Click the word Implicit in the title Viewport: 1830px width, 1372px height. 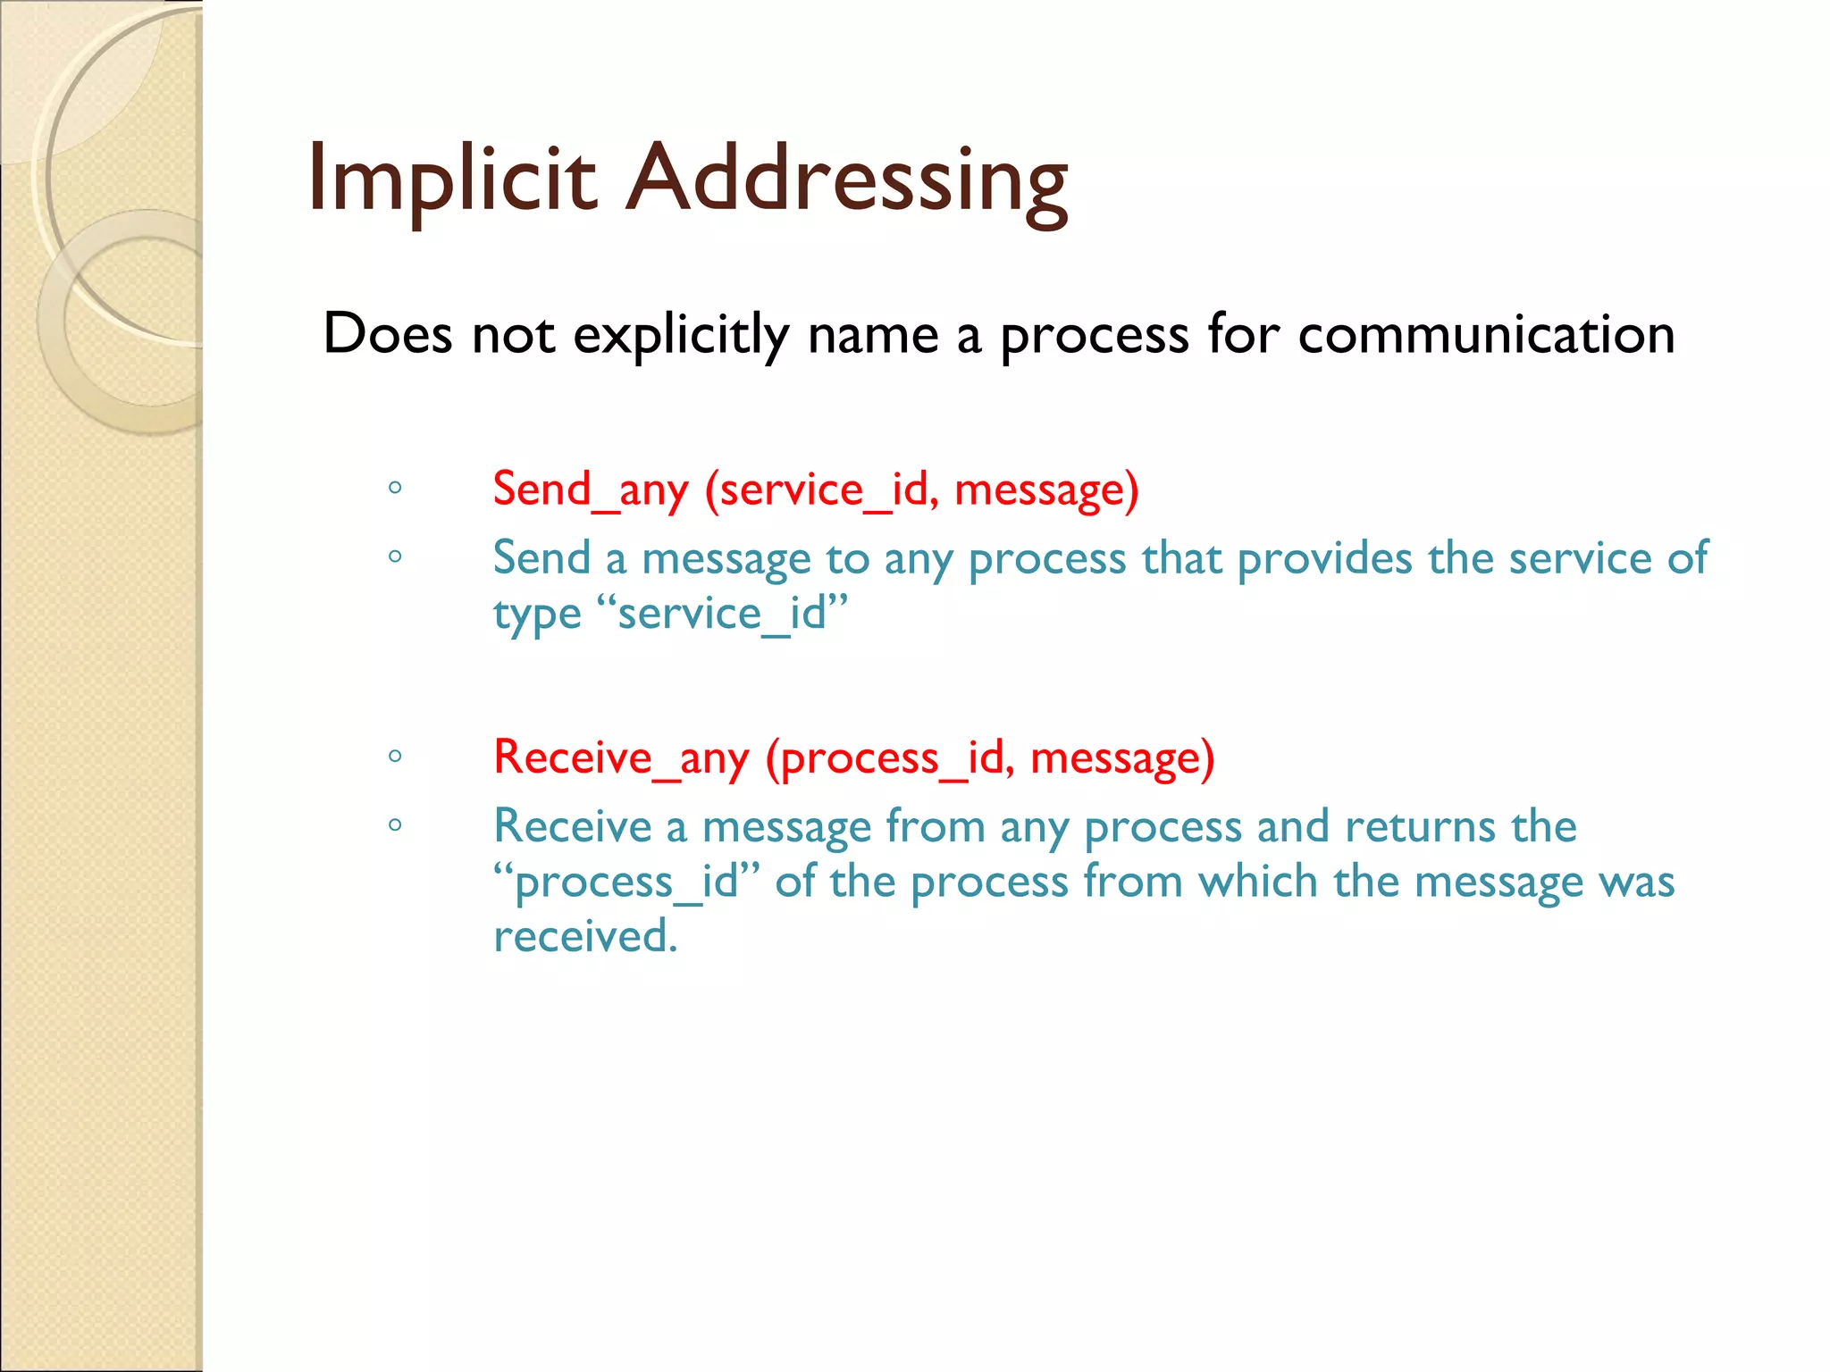pyautogui.click(x=451, y=179)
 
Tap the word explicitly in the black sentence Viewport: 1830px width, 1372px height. pyautogui.click(x=680, y=335)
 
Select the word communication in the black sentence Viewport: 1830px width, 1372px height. pyautogui.click(x=1486, y=335)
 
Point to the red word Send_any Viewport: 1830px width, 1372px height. pyautogui.click(x=591, y=489)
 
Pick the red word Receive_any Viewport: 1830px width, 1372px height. pyautogui.click(x=621, y=757)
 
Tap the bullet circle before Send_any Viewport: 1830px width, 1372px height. pyautogui.click(x=395, y=488)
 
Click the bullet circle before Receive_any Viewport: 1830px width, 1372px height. pyautogui.click(x=395, y=757)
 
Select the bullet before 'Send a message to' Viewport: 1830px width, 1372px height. pyautogui.click(x=395, y=556)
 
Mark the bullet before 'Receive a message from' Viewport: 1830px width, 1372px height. pyautogui.click(x=395, y=824)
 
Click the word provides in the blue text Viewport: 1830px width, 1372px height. pyautogui.click(x=1325, y=559)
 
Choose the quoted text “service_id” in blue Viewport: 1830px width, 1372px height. pyautogui.click(x=721, y=614)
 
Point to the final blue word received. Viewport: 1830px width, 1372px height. pyautogui.click(x=585, y=936)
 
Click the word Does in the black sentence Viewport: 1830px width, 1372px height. pyautogui.click(x=388, y=335)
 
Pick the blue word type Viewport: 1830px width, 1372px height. pyautogui.click(x=537, y=615)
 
